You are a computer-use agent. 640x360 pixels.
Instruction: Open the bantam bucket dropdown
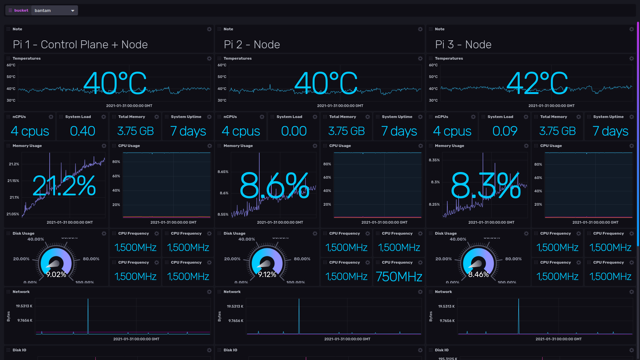click(x=54, y=10)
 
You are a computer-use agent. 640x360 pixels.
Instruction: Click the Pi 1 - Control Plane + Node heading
click(x=80, y=44)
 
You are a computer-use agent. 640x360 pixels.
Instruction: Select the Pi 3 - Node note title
click(x=463, y=44)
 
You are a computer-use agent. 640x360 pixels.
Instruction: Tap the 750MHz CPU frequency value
click(x=399, y=277)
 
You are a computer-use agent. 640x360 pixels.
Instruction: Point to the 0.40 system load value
click(x=82, y=131)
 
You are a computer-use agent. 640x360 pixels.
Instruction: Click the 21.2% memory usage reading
click(x=64, y=186)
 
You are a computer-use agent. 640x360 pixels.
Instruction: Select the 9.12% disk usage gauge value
click(x=267, y=274)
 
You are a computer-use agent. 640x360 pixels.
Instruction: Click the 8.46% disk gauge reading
click(x=478, y=274)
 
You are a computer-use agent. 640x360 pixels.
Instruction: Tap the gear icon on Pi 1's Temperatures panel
click(x=209, y=58)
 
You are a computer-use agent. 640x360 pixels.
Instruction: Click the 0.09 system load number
click(x=505, y=131)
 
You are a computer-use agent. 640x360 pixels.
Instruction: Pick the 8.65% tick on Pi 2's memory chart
click(x=223, y=172)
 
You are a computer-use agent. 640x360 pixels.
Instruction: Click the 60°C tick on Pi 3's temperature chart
click(x=433, y=65)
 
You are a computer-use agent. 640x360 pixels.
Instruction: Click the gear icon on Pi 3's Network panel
click(x=631, y=292)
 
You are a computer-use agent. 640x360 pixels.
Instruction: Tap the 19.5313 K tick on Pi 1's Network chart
click(x=24, y=306)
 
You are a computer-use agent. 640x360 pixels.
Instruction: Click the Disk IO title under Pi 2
click(x=230, y=350)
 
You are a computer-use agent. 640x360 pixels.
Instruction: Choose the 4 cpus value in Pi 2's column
click(x=241, y=131)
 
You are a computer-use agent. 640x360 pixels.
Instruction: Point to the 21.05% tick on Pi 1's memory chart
click(x=13, y=214)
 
